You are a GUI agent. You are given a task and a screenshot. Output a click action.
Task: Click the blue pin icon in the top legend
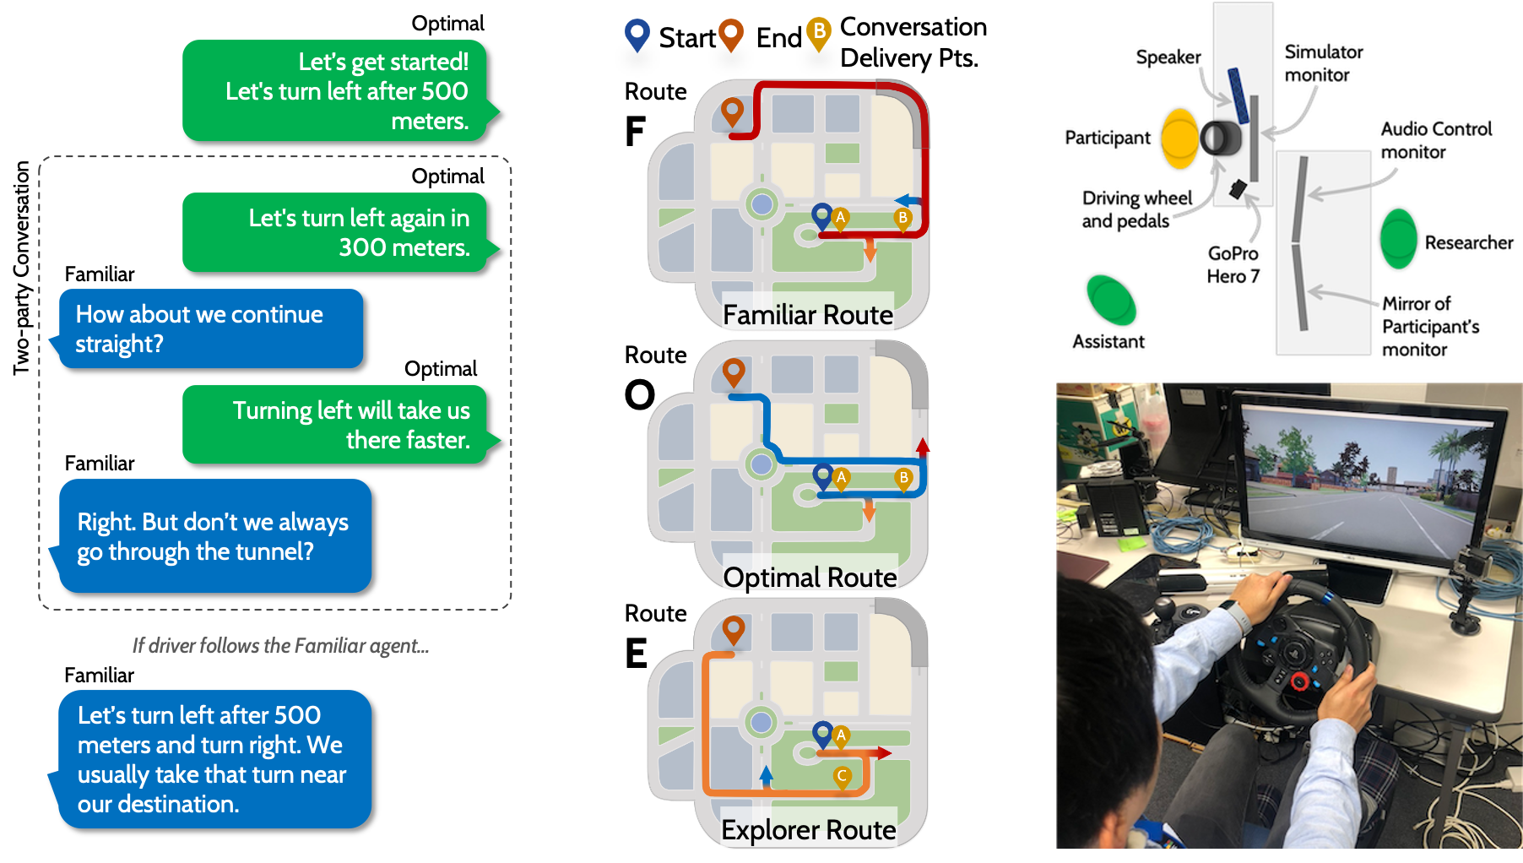tap(637, 35)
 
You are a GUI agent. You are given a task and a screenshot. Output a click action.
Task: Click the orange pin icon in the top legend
tap(730, 35)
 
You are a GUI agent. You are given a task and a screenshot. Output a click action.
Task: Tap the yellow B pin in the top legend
tap(818, 33)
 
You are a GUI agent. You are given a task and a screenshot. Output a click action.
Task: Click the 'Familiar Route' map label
tap(808, 315)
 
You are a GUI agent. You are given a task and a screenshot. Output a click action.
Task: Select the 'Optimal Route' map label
tap(810, 578)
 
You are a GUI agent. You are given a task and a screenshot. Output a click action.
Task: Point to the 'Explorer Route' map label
tap(808, 830)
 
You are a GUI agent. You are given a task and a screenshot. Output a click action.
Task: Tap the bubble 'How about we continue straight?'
tap(211, 328)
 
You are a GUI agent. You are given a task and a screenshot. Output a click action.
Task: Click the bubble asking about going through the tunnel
tap(215, 536)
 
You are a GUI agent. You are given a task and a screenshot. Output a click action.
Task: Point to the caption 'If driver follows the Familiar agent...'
tap(280, 646)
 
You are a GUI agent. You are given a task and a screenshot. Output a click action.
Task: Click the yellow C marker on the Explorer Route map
tap(842, 776)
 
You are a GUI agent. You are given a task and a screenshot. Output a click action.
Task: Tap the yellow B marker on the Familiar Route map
tap(903, 219)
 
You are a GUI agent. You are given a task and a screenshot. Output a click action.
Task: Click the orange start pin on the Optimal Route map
tap(734, 371)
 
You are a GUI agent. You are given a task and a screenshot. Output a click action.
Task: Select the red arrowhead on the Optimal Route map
tap(922, 446)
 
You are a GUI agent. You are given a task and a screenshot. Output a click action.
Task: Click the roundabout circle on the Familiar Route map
tap(762, 204)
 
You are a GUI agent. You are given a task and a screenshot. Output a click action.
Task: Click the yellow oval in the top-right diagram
tap(1179, 138)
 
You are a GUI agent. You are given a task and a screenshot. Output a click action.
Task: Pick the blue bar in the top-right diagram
tap(1238, 95)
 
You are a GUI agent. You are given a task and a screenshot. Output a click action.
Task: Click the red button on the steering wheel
tap(1301, 681)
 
